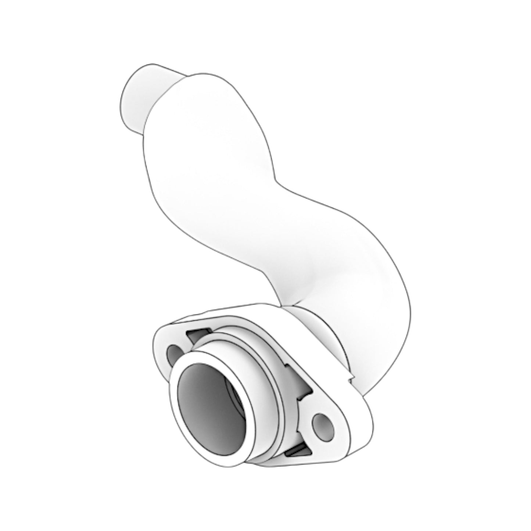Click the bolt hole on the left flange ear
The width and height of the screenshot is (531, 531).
(x=172, y=354)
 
